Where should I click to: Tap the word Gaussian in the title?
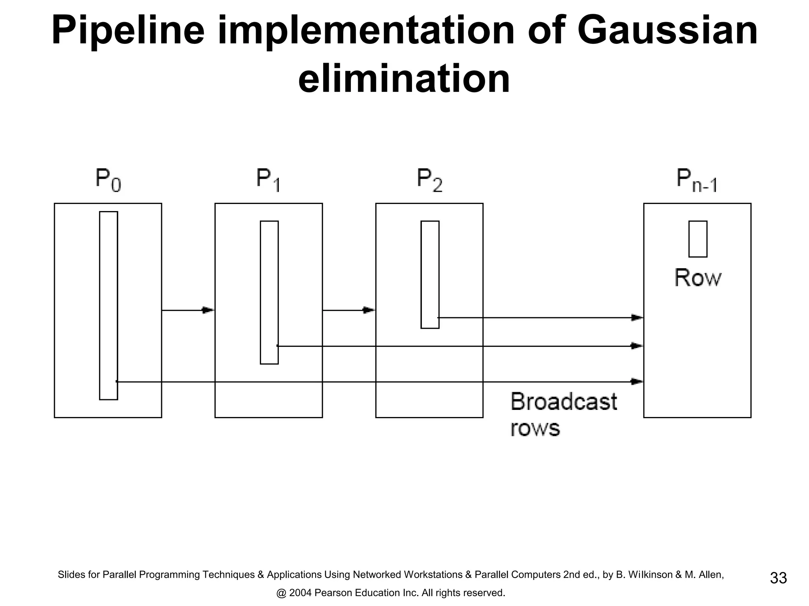pos(667,31)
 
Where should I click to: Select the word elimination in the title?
pos(404,79)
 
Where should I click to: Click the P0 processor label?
pos(108,180)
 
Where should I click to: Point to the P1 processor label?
pos(268,180)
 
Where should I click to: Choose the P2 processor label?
pos(429,180)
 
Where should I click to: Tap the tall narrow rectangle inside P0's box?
pos(108,305)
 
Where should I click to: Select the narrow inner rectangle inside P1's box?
pos(269,292)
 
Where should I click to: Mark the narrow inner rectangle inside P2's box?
pos(430,274)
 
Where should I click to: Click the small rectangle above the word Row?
pos(698,239)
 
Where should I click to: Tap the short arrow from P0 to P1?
pos(188,310)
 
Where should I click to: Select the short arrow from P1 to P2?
pos(348,310)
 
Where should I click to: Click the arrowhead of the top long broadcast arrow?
pos(637,317)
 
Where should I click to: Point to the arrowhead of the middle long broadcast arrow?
pos(637,346)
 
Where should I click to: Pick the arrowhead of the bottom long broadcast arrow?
pos(637,382)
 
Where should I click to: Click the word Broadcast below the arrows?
pos(563,402)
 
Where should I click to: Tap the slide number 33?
pos(778,578)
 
